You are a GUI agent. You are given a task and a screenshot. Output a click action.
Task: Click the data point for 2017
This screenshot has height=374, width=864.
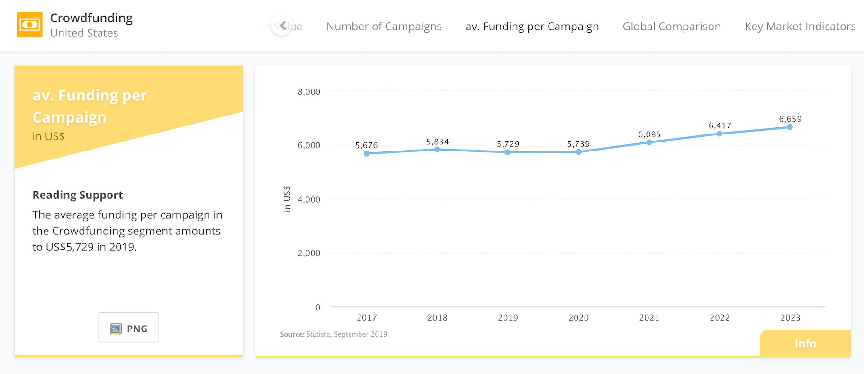point(367,153)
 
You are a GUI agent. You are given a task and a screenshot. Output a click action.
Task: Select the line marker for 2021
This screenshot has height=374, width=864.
point(649,142)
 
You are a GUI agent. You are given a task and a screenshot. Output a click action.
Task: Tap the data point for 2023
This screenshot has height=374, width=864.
point(790,127)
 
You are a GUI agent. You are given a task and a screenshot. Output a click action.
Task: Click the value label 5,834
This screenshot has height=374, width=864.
point(437,142)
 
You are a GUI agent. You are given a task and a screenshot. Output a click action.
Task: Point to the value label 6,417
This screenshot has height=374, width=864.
point(720,125)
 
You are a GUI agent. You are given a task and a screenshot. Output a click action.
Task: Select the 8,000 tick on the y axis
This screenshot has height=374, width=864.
point(309,92)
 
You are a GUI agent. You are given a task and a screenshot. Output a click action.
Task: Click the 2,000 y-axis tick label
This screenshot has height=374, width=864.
point(309,253)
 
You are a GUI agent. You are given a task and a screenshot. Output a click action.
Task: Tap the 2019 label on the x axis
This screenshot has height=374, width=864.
point(508,318)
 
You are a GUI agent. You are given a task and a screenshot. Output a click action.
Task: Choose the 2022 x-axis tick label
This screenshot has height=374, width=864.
point(720,318)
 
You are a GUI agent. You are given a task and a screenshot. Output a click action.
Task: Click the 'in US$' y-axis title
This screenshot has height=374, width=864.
point(287,199)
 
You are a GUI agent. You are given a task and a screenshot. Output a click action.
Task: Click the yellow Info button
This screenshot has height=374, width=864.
point(805,344)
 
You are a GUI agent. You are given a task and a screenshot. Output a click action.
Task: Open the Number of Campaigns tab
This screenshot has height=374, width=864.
point(384,27)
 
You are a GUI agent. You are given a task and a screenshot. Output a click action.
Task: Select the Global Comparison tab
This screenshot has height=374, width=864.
point(671,27)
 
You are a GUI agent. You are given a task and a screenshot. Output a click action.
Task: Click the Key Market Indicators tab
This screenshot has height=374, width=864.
point(800,27)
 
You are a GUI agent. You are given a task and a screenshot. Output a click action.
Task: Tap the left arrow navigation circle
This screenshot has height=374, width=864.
point(282,26)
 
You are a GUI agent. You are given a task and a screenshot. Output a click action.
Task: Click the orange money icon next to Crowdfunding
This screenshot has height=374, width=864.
point(30,25)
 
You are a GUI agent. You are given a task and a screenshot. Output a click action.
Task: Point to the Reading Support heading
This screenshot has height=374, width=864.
point(78,195)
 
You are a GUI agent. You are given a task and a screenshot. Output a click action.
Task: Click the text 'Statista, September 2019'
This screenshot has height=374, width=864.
point(346,334)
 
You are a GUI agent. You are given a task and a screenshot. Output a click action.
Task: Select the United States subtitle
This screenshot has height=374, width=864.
point(84,33)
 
